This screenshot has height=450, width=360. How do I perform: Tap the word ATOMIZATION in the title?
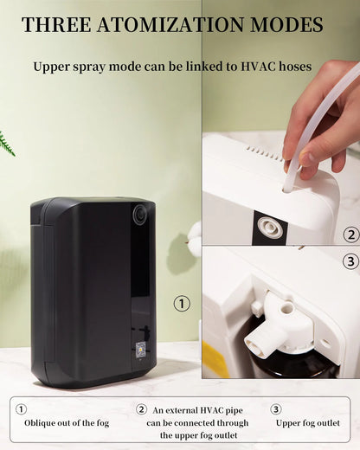point(170,24)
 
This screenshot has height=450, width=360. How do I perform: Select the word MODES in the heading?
point(286,24)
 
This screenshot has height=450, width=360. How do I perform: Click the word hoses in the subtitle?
point(295,67)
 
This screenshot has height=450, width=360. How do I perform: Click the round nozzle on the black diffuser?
point(141,214)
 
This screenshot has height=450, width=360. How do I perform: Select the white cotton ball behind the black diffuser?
point(195,232)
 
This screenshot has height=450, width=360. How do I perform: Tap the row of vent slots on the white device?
point(264,153)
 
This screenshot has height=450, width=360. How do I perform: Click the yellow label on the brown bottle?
point(215,359)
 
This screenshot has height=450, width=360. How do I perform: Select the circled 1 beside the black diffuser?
point(182,303)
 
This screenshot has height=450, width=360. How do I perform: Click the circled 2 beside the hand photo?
point(351,235)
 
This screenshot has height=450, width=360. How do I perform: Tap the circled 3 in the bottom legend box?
point(276,409)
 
